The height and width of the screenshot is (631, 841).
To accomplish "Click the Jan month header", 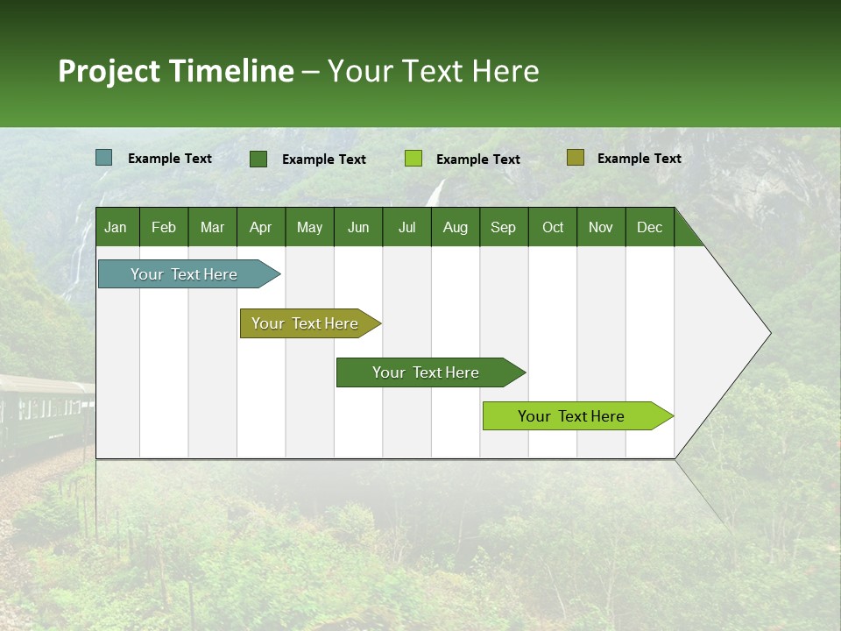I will coord(116,227).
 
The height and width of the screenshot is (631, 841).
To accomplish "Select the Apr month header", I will coord(260,227).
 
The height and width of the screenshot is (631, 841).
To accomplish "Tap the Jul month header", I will coord(406,227).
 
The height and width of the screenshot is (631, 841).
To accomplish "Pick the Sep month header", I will coord(503,227).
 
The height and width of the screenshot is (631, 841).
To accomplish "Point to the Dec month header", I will coord(649,227).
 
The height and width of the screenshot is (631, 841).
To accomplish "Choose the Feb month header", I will coord(164,227).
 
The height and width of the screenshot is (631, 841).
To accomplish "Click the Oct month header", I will coord(553,227).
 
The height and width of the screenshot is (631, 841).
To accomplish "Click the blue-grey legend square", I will coord(104,158).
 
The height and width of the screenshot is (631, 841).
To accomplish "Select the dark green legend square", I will coord(258,159).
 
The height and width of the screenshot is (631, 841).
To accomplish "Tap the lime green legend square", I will coord(413,159).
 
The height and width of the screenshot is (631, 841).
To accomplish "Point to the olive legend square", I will coord(575,158).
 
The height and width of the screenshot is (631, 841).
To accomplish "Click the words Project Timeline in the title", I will coord(175,71).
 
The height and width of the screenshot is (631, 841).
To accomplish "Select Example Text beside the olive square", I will coord(639,159).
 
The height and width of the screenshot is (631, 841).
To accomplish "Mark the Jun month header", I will coord(358,227).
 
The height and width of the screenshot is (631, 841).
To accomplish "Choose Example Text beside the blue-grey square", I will coord(169,159).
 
